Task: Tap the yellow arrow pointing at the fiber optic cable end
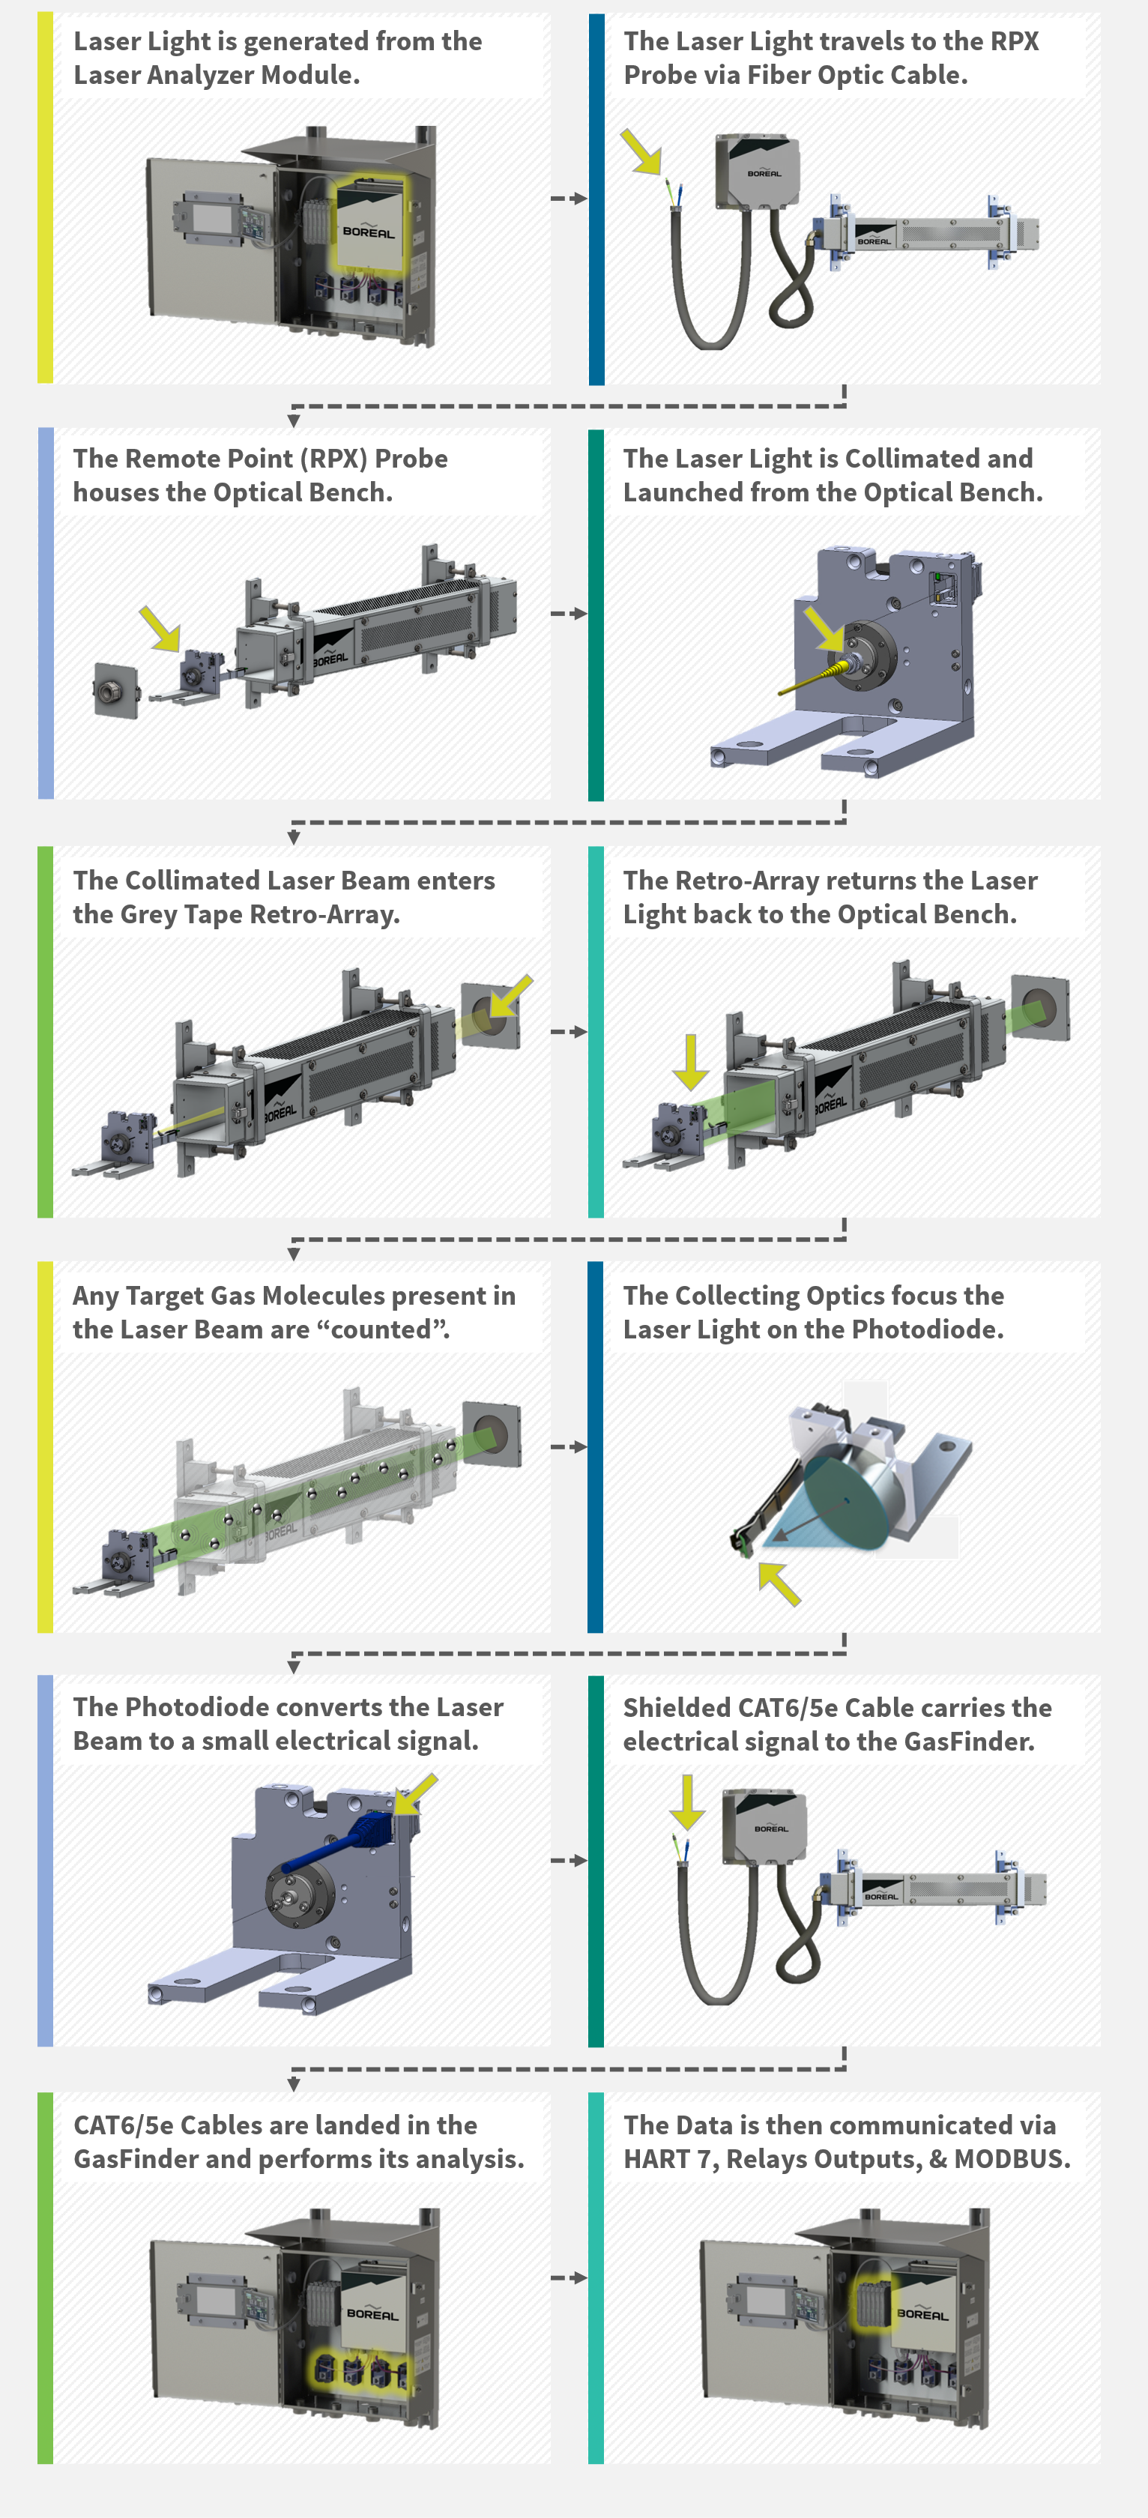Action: (x=642, y=151)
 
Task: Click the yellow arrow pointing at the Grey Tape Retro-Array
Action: (x=510, y=996)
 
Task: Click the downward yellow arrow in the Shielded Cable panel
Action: (x=688, y=1802)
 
